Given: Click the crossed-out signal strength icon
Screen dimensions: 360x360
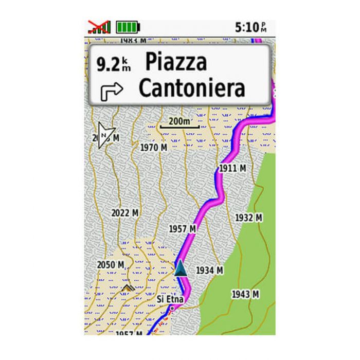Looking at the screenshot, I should [x=99, y=27].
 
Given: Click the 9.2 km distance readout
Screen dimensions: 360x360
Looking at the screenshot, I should [x=114, y=64].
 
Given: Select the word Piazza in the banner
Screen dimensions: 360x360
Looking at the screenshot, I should [x=176, y=62].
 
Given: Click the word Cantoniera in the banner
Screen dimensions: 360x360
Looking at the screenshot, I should [x=192, y=88].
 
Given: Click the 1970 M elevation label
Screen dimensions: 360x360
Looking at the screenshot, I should [x=154, y=148].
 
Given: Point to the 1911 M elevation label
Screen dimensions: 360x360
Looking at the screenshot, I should [x=232, y=168].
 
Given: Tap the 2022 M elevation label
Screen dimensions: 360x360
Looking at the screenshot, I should [x=125, y=212].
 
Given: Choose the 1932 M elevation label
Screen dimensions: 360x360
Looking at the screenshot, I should [x=248, y=218].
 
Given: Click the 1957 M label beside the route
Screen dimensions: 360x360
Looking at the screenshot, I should [x=183, y=228].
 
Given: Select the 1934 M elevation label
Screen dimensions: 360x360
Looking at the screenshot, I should [x=209, y=269].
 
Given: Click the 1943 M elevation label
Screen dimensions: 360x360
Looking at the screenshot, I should [x=244, y=294].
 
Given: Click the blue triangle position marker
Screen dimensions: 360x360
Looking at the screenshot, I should [x=180, y=267].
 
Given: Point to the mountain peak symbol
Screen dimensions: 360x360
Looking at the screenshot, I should [x=127, y=287].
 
